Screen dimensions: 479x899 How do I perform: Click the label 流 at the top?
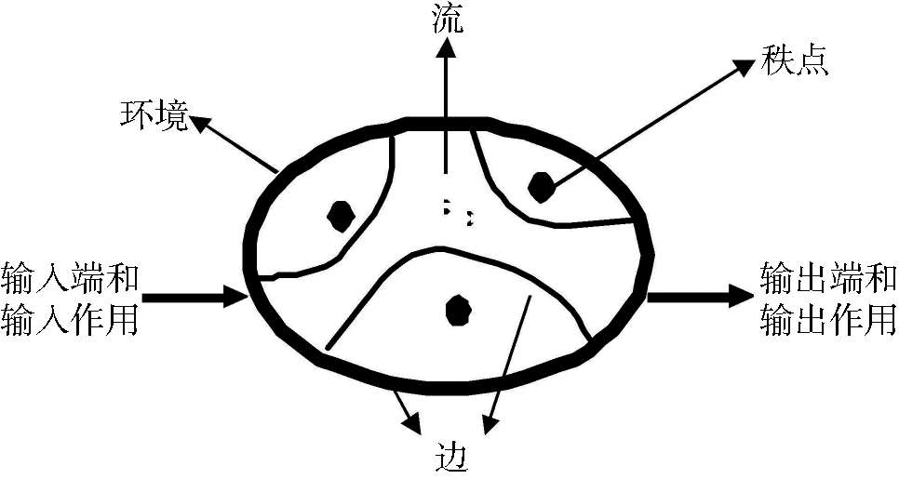tap(448, 20)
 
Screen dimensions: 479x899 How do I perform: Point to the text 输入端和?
tap(71, 277)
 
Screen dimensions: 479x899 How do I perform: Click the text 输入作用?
tap(71, 320)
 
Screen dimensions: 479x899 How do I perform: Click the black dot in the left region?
tap(342, 215)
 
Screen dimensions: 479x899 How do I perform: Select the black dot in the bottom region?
tap(457, 309)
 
